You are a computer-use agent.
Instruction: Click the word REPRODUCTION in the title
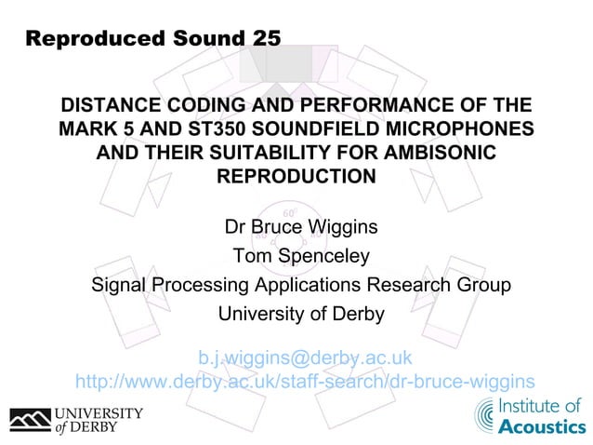coord(296,176)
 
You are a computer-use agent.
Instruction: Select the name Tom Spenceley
coord(301,255)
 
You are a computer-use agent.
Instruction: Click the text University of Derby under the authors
coord(301,315)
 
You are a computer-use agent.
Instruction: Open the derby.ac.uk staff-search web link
coord(305,381)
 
